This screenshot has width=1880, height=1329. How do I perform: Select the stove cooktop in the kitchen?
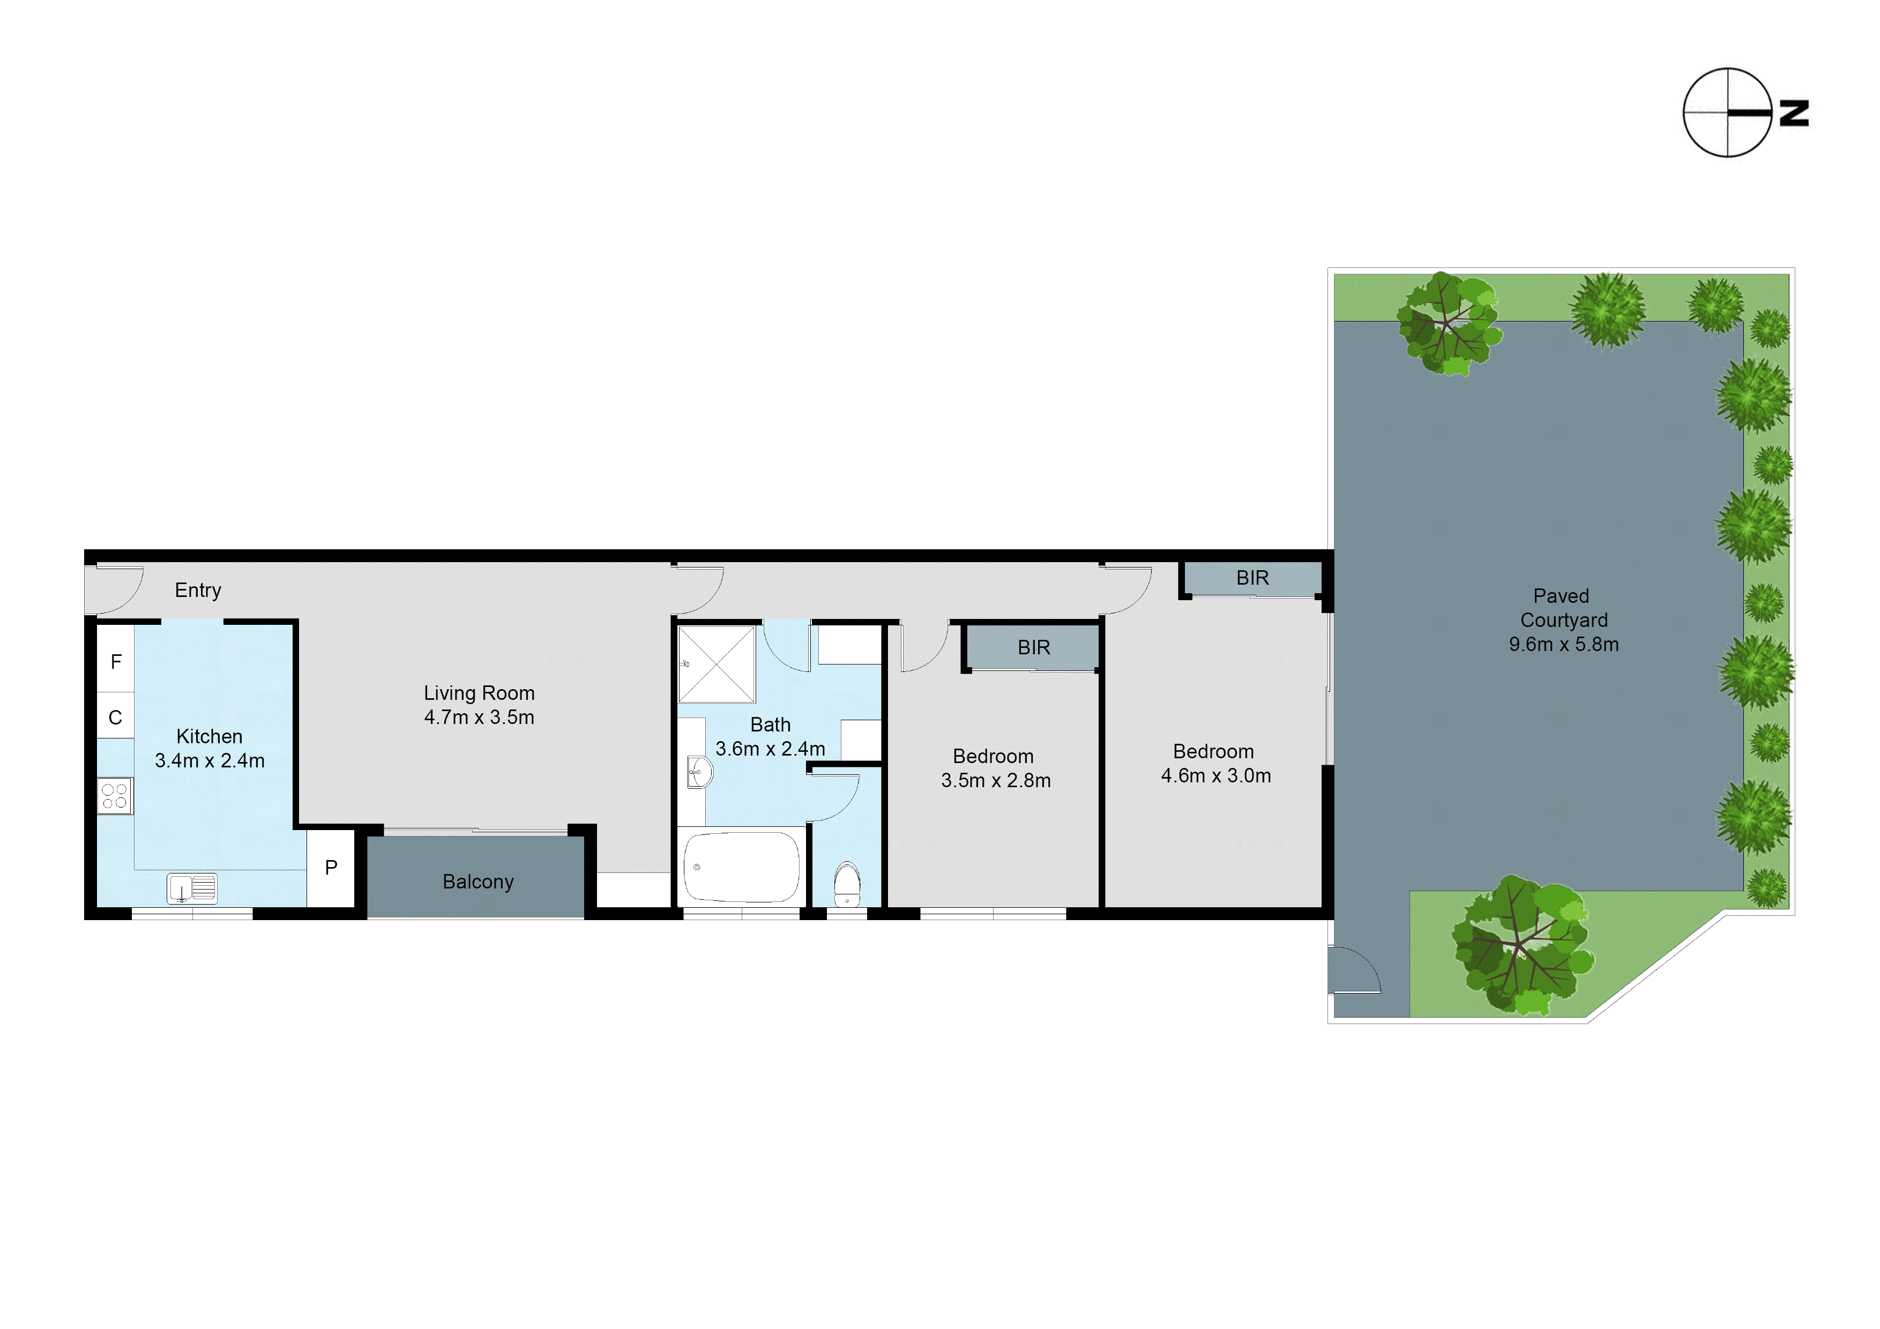pyautogui.click(x=115, y=795)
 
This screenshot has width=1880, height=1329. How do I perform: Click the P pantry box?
pyautogui.click(x=331, y=867)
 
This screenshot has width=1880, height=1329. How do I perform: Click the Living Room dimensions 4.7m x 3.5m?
pyautogui.click(x=479, y=718)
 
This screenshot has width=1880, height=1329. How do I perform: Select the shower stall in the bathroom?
pyautogui.click(x=717, y=664)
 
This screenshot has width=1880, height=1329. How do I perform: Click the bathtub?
pyautogui.click(x=741, y=867)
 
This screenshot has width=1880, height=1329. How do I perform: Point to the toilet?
pyautogui.click(x=847, y=884)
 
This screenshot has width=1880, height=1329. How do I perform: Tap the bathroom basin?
pyautogui.click(x=698, y=771)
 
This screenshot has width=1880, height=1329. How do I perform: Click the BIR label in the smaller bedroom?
pyautogui.click(x=1033, y=648)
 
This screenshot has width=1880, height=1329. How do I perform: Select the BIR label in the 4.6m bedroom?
pyautogui.click(x=1252, y=578)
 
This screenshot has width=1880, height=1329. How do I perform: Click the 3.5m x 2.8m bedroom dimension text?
pyautogui.click(x=996, y=780)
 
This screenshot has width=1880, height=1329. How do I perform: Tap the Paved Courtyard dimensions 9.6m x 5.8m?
pyautogui.click(x=1563, y=645)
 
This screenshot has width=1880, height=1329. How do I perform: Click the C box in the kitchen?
pyautogui.click(x=115, y=718)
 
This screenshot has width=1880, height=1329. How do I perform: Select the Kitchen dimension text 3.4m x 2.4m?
pyautogui.click(x=210, y=761)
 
